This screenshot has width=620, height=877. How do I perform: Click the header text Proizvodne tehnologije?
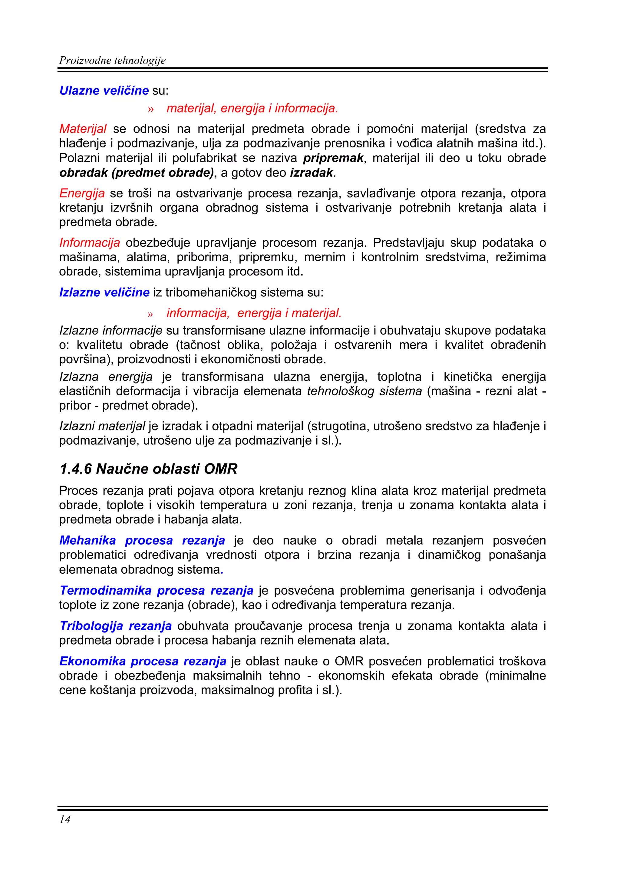(112, 60)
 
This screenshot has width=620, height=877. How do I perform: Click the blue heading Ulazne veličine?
(104, 91)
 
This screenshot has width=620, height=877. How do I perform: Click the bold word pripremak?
(333, 158)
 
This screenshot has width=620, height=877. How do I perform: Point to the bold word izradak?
(311, 173)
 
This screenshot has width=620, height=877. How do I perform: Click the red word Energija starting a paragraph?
(82, 193)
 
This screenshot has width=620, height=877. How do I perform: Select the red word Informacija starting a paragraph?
(89, 242)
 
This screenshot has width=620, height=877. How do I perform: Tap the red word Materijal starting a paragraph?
(83, 129)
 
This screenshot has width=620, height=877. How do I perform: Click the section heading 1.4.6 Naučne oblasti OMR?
(148, 469)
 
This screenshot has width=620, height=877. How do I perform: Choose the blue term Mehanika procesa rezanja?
(142, 540)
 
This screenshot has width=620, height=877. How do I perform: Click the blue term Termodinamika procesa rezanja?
(156, 591)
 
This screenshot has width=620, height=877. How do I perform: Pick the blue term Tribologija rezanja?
(115, 626)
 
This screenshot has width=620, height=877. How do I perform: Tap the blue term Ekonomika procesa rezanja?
(143, 661)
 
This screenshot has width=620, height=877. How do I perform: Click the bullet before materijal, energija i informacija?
(150, 109)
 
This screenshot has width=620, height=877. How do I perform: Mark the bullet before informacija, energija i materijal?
(150, 314)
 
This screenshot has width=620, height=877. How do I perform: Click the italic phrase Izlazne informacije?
(111, 330)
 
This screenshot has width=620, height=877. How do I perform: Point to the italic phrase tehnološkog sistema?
(364, 391)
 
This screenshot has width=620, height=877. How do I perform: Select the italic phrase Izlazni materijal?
(102, 426)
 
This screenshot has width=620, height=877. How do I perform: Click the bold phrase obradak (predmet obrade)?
(136, 173)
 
